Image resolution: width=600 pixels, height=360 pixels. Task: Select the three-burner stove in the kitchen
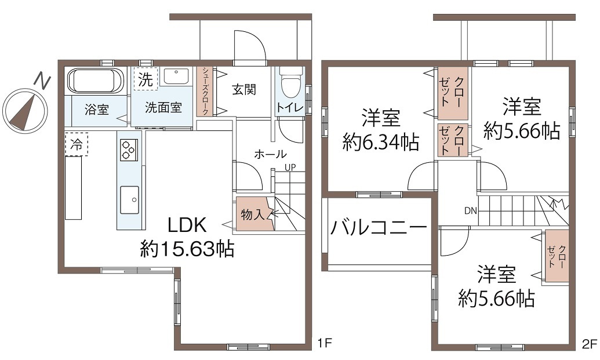click(128, 150)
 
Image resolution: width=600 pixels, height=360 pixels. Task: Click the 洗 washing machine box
click(146, 79)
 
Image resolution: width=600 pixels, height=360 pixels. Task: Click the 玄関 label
click(244, 90)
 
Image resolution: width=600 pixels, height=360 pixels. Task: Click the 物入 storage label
click(252, 214)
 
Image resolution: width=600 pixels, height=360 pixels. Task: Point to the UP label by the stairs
click(290, 168)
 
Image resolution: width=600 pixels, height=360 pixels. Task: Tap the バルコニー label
click(379, 227)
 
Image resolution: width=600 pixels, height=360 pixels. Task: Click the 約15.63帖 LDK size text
click(187, 249)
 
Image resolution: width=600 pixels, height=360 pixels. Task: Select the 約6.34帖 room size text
click(380, 143)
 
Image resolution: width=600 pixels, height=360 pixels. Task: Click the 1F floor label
click(324, 344)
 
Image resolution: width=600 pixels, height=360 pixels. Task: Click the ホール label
click(270, 154)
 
